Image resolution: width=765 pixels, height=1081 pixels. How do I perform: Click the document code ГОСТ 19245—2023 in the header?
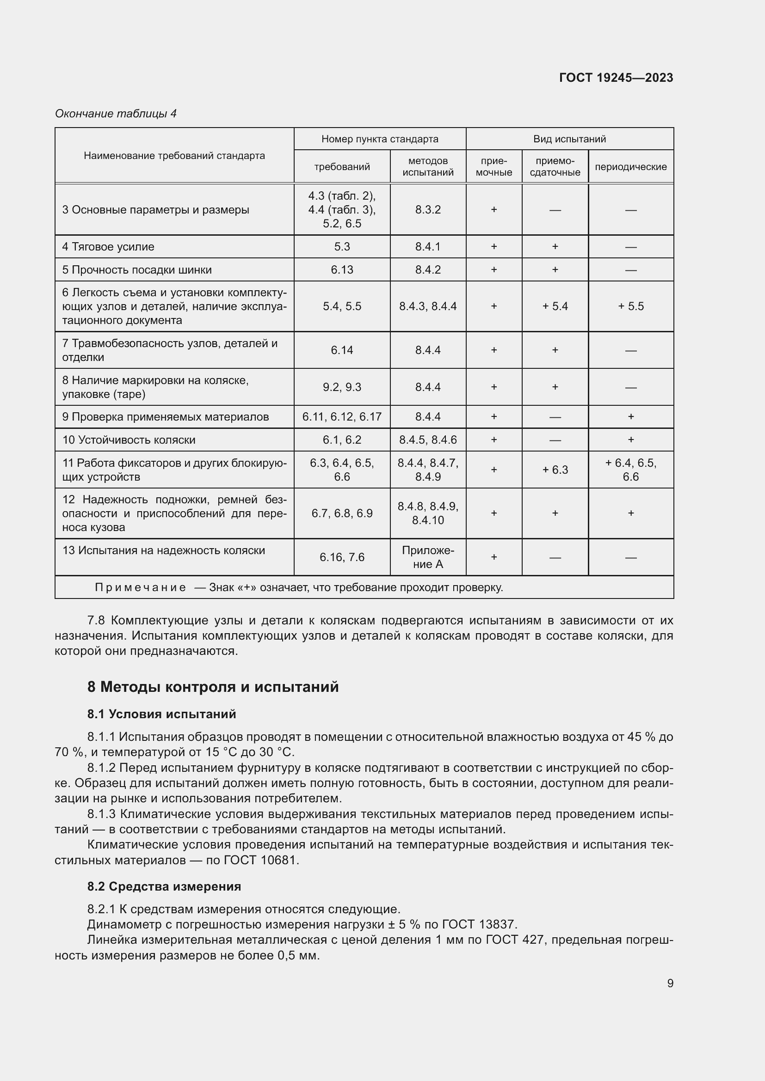pyautogui.click(x=616, y=78)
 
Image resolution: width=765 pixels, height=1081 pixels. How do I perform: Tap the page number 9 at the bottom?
pyautogui.click(x=670, y=983)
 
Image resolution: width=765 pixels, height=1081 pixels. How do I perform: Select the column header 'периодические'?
pyautogui.click(x=630, y=167)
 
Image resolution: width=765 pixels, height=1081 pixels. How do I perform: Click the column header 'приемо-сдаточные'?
pyautogui.click(x=555, y=167)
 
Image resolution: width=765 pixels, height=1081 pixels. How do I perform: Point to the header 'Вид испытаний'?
pyautogui.click(x=569, y=139)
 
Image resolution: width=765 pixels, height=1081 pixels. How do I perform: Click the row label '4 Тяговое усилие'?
pyautogui.click(x=108, y=247)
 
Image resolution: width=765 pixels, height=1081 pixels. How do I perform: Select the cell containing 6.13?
pyautogui.click(x=341, y=270)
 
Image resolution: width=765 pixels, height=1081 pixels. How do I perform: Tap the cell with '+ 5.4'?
pyautogui.click(x=555, y=306)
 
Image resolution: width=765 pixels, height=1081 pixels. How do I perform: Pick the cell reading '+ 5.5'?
pyautogui.click(x=630, y=306)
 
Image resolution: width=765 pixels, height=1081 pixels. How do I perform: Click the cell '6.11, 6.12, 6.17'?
pyautogui.click(x=341, y=417)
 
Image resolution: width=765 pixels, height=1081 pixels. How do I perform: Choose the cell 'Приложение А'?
pyautogui.click(x=428, y=557)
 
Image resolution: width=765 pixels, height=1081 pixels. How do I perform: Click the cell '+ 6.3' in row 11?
pyautogui.click(x=555, y=470)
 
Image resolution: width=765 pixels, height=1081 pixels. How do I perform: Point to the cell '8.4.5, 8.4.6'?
pyautogui.click(x=428, y=440)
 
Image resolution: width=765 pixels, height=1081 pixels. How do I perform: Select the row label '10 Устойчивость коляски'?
pyautogui.click(x=129, y=440)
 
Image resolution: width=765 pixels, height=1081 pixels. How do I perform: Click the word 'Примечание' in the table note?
pyautogui.click(x=140, y=587)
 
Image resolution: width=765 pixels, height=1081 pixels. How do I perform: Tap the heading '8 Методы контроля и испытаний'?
pyautogui.click(x=213, y=687)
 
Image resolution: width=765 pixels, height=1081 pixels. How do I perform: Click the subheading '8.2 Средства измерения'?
pyautogui.click(x=164, y=886)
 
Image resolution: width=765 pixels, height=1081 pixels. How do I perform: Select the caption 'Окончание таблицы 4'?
pyautogui.click(x=116, y=114)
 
